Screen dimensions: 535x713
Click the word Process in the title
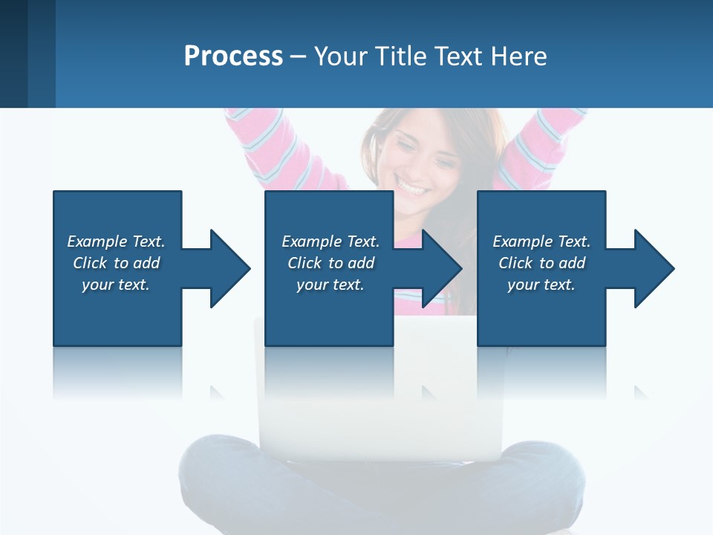coord(233,56)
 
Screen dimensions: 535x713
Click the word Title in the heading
coord(400,56)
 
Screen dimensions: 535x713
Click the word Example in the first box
coord(97,241)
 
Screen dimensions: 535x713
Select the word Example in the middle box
coord(311,241)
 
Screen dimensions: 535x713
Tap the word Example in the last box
coord(522,241)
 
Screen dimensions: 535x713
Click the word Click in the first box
coord(91,263)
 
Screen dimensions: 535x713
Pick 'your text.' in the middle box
coord(330,285)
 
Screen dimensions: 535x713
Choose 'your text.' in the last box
coord(541,285)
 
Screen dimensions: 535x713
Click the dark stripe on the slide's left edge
coord(13,53)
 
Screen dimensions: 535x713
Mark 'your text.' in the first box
coord(115,285)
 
